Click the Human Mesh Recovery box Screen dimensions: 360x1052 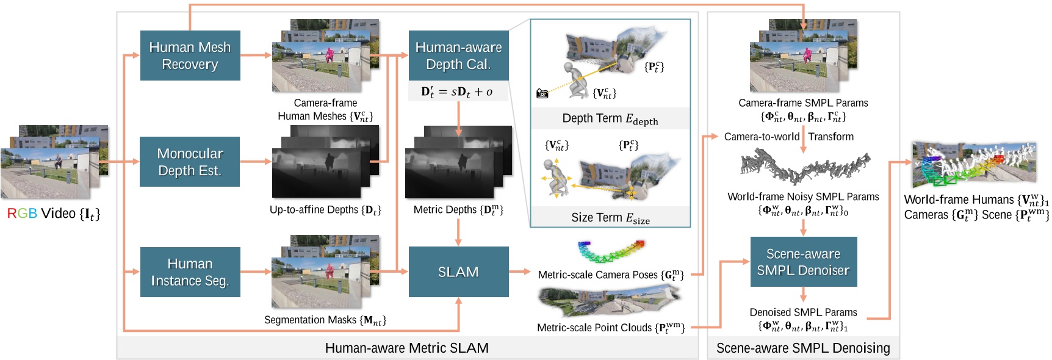[190, 56]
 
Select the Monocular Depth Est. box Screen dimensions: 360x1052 [190, 162]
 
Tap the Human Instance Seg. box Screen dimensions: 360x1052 [190, 272]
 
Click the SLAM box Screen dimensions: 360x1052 [458, 272]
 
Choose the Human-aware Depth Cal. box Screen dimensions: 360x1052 [458, 56]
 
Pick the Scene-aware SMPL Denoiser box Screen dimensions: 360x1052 [803, 262]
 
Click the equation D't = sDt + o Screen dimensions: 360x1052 [457, 92]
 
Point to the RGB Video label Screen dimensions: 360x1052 [54, 214]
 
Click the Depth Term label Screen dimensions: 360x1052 [610, 119]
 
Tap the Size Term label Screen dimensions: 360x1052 [610, 218]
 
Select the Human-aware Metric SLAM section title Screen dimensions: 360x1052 [406, 348]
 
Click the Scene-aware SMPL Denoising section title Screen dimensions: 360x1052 [803, 348]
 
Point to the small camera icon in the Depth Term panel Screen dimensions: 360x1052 [542, 93]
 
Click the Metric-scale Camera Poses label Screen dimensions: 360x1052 [610, 275]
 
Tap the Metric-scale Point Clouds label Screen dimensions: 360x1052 [610, 328]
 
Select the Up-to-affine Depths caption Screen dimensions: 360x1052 [325, 210]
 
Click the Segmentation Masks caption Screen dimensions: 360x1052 [325, 320]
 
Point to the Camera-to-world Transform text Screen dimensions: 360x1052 [788, 137]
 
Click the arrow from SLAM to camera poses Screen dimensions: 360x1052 [520, 272]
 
